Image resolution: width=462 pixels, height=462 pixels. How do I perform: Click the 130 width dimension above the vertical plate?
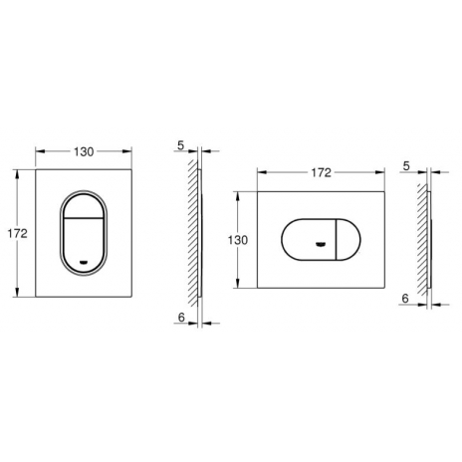pyautogui.click(x=84, y=152)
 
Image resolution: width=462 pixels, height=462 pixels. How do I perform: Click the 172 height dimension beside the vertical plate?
pyautogui.click(x=18, y=234)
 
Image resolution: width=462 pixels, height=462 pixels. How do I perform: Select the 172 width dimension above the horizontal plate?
pyautogui.click(x=321, y=172)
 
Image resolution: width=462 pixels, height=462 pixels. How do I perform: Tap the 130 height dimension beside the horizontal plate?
pyautogui.click(x=238, y=240)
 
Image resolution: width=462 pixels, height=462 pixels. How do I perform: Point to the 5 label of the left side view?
pyautogui.click(x=180, y=145)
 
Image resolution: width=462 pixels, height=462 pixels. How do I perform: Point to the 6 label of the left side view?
pyautogui.click(x=181, y=318)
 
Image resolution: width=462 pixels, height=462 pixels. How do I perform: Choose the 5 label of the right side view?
pyautogui.click(x=406, y=166)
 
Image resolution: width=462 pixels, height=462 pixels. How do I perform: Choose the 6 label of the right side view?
pyautogui.click(x=405, y=299)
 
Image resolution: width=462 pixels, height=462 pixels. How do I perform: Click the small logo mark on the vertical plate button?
pyautogui.click(x=84, y=262)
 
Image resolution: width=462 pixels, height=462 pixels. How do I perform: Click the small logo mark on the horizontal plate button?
pyautogui.click(x=321, y=245)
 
